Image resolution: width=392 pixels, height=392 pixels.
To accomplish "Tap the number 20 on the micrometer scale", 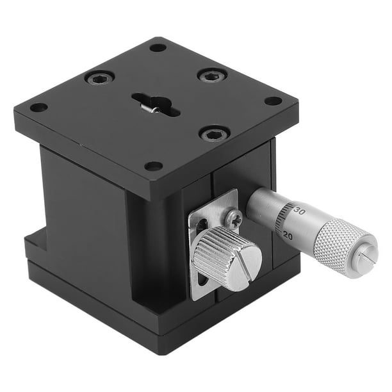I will tap(288, 235).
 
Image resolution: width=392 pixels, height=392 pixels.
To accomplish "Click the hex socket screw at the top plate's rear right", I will tap(212, 76).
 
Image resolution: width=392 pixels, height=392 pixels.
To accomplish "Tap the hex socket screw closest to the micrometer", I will tap(214, 133).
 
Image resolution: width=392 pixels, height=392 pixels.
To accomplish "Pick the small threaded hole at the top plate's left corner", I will tap(38, 107).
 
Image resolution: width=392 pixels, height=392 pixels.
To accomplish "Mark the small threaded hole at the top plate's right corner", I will tap(273, 101).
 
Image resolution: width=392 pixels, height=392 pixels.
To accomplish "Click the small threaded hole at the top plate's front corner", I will tap(154, 167).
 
